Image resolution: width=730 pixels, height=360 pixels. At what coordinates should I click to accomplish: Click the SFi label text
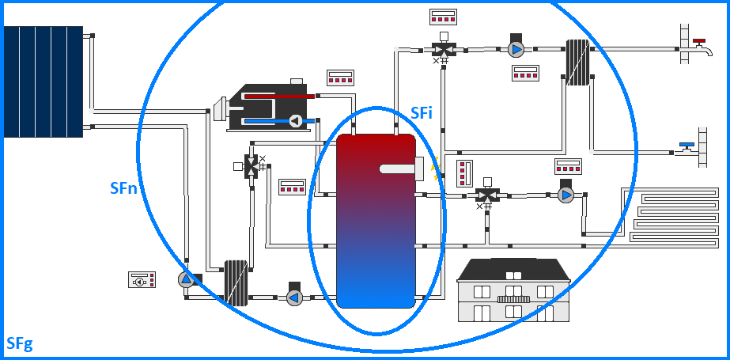(x=421, y=113)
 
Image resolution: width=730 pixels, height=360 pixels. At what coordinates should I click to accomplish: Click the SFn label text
(x=124, y=188)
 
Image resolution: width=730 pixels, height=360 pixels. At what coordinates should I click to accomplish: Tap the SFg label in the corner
(x=19, y=343)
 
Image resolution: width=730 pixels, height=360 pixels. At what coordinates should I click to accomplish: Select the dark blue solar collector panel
(x=43, y=81)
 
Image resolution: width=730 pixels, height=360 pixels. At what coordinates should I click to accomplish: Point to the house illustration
(x=513, y=290)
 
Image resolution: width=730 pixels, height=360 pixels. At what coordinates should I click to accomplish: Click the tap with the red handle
(x=698, y=45)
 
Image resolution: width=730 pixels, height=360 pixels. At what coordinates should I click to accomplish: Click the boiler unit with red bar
(x=270, y=106)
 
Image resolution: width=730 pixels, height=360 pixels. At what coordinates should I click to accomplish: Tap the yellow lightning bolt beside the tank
(x=433, y=168)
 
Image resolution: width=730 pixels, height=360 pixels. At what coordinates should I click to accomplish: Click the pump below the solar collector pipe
(x=187, y=279)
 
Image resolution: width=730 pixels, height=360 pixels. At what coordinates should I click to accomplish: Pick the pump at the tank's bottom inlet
(x=294, y=297)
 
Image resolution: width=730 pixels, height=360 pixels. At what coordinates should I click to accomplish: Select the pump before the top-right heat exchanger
(x=516, y=49)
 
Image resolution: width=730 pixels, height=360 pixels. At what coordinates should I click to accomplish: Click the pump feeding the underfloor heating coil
(x=565, y=194)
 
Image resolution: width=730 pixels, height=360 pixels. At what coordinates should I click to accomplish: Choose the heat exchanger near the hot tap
(x=577, y=63)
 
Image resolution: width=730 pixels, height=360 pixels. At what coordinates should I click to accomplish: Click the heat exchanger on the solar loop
(x=236, y=282)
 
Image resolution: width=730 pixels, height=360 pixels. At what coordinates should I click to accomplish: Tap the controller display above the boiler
(x=339, y=78)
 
